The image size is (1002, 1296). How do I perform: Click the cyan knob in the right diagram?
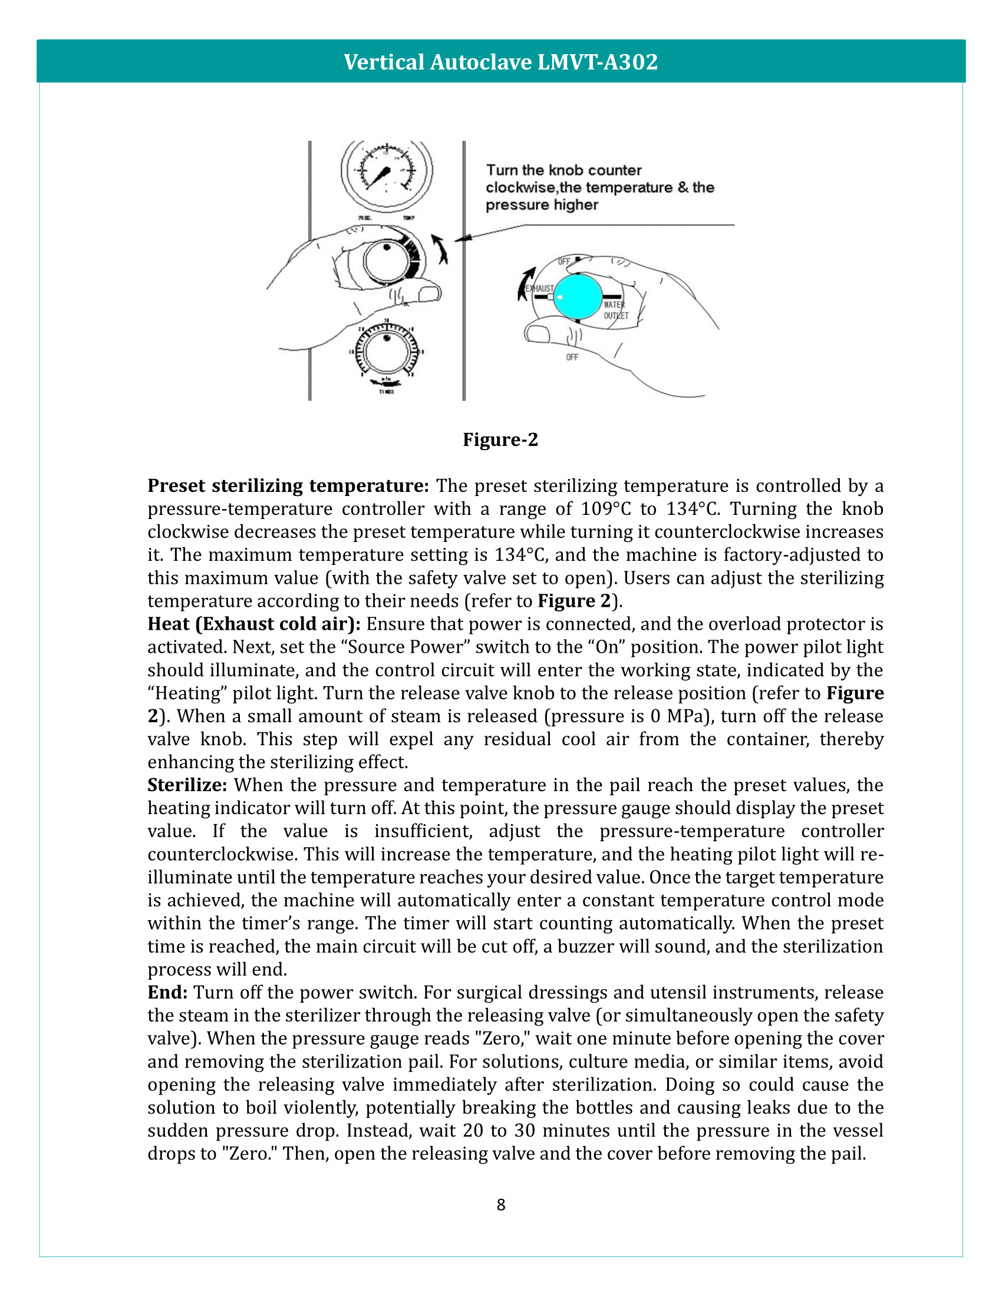tap(578, 296)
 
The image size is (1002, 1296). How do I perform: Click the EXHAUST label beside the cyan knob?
tap(539, 289)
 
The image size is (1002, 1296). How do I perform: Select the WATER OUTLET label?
tap(615, 310)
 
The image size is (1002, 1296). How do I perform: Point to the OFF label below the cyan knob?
tap(572, 357)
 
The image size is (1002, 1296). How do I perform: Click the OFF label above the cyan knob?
tap(564, 262)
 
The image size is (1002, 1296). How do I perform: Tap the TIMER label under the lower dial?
tap(387, 392)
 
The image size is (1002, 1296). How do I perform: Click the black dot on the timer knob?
tap(387, 338)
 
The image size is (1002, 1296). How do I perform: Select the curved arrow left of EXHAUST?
tap(525, 284)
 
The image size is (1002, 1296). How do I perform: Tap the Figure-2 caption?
tap(500, 439)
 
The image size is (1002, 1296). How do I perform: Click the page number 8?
tap(500, 1205)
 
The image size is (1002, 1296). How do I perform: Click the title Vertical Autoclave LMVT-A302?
tap(500, 62)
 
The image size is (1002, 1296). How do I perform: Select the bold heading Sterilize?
tap(187, 785)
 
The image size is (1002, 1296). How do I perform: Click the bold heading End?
tap(167, 992)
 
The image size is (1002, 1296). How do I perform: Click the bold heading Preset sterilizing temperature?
tap(288, 486)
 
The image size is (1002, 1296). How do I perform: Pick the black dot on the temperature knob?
tap(387, 247)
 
